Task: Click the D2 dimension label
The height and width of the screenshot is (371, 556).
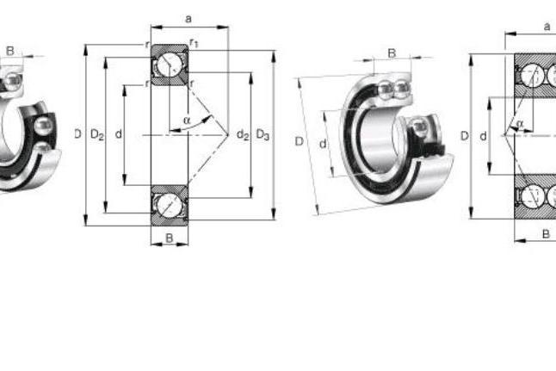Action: coord(97,134)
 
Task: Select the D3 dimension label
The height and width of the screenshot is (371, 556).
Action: coord(263,134)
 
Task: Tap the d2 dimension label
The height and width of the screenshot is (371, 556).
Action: coord(243,134)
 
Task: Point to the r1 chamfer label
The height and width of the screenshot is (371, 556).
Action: coord(194,43)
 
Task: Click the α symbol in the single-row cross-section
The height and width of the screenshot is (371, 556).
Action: coord(187,121)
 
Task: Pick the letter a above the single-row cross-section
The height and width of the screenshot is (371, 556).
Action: coord(188,18)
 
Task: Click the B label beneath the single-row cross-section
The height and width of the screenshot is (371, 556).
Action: coord(170,238)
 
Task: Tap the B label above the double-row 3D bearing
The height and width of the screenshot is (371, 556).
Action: coord(392,53)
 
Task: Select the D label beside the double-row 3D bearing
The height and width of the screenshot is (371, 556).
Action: coord(300,141)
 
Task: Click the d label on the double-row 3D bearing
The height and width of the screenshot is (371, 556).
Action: coord(323,144)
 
